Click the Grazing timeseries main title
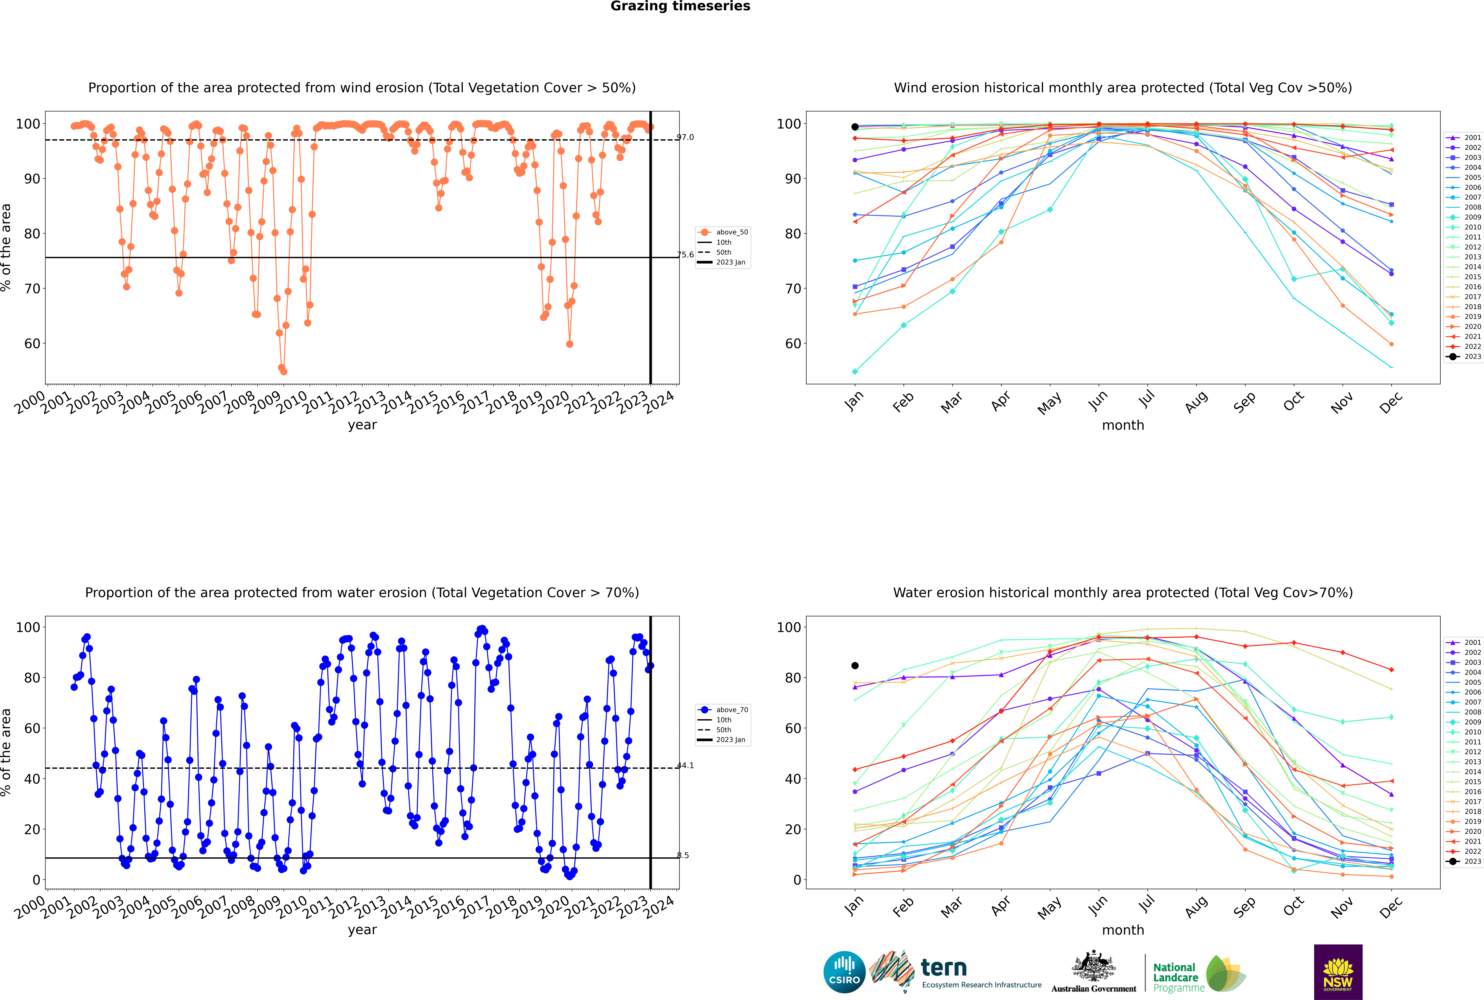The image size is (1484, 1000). (680, 6)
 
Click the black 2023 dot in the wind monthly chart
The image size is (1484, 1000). (855, 127)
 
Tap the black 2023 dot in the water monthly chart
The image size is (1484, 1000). (855, 666)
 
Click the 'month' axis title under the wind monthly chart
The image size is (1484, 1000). (1123, 425)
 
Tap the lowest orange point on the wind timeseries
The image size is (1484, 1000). (283, 371)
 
